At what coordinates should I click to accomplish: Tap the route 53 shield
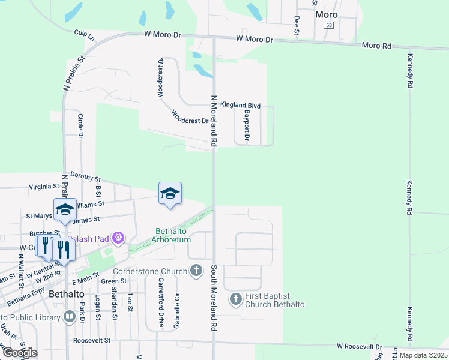point(328,25)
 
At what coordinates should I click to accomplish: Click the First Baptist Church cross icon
point(236,298)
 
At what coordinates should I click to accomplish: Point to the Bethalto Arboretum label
point(173,235)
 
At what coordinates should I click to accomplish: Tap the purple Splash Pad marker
point(118,239)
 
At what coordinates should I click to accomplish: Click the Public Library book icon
point(70,316)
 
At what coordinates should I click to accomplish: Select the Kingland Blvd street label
point(240,106)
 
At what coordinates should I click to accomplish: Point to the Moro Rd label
point(376,46)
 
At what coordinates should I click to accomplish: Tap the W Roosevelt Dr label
point(360,347)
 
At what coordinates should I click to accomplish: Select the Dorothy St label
point(86,178)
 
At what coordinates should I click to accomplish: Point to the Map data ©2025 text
point(423,355)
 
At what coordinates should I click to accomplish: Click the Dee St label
point(297,26)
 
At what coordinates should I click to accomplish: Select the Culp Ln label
point(85,36)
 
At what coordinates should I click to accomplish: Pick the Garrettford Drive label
point(161,302)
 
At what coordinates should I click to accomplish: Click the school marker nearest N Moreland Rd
point(170,193)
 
